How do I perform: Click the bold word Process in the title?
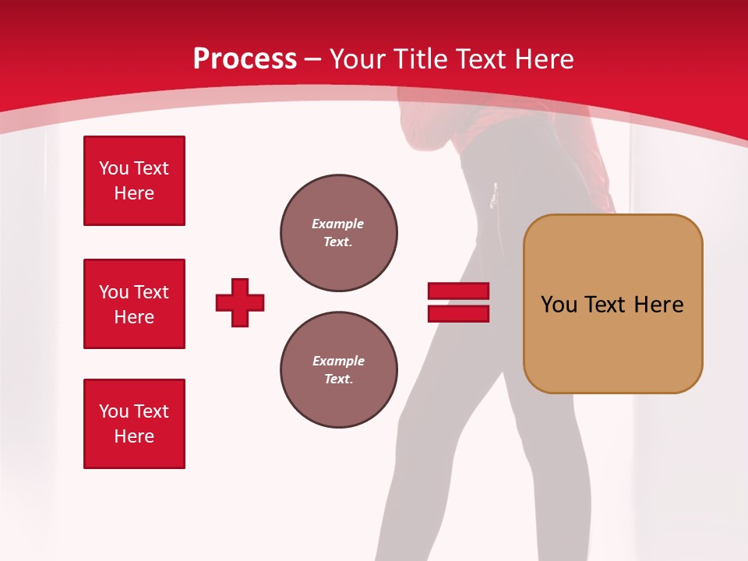tap(245, 58)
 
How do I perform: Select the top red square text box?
tap(134, 181)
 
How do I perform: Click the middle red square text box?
tap(134, 304)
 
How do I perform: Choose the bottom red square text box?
tap(134, 424)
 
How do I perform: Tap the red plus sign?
tap(240, 302)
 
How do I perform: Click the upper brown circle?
tap(339, 233)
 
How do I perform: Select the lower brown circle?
tap(339, 370)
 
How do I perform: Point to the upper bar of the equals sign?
tap(458, 291)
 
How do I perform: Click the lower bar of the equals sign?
tap(458, 313)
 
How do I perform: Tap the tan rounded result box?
tap(612, 343)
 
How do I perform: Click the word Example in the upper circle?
tap(338, 224)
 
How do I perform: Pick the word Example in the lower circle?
tap(338, 361)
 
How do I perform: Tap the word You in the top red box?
tap(114, 168)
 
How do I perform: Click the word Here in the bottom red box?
tap(134, 436)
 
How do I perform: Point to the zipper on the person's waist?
tap(494, 196)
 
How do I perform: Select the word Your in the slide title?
tap(358, 59)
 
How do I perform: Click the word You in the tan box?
tap(559, 304)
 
